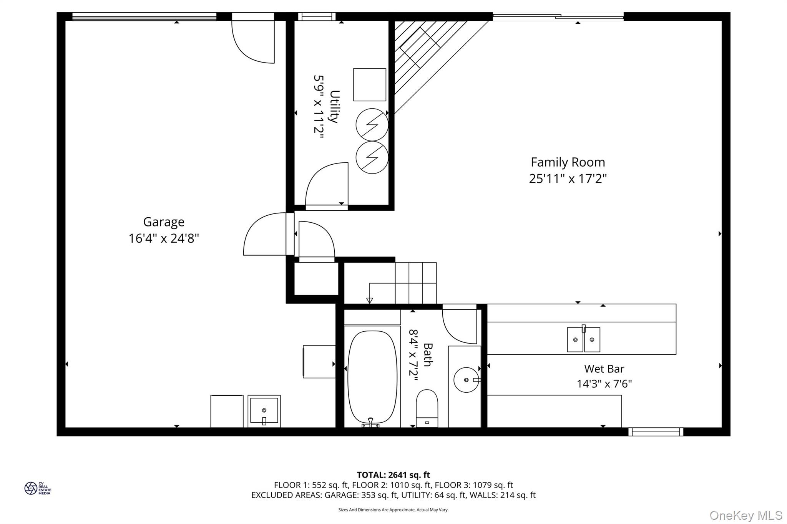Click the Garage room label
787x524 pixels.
click(164, 222)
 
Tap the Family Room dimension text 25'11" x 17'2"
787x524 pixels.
click(568, 179)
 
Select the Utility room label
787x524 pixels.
click(335, 107)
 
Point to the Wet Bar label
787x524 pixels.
click(604, 369)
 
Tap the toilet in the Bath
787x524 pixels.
click(427, 408)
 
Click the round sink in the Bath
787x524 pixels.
click(467, 380)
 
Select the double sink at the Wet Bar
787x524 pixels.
click(583, 339)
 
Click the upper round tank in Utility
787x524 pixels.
click(372, 125)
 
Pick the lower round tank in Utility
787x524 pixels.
click(372, 157)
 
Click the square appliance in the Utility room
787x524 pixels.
click(370, 85)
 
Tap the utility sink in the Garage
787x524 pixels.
click(264, 411)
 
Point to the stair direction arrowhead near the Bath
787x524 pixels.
click(369, 301)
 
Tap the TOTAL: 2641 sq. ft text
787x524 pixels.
click(393, 475)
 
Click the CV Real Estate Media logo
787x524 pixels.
click(38, 488)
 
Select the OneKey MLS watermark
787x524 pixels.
click(746, 515)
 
